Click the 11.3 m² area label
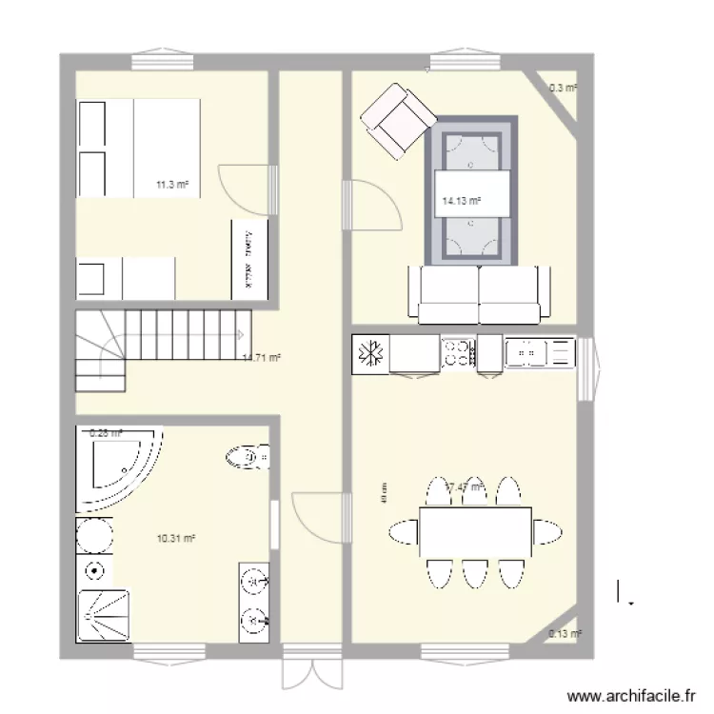coord(172,185)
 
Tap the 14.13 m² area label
coord(461,201)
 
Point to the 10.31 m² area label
coord(176,539)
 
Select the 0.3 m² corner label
coord(564,88)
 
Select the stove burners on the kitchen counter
coord(459,353)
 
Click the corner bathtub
coord(119,464)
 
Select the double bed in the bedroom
coord(139,148)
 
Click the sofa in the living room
coord(479,295)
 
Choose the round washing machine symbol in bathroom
coord(95,535)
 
